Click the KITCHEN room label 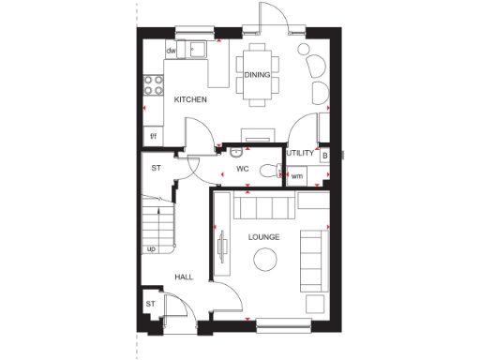(189, 99)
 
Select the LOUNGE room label (263, 237)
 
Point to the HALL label (184, 277)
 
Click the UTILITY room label (299, 153)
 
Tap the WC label (242, 170)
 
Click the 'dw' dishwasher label (172, 51)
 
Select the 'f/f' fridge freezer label (155, 137)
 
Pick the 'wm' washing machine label (297, 175)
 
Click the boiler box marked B (323, 155)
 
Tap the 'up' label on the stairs (151, 248)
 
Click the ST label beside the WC (157, 168)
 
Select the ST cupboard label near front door (150, 304)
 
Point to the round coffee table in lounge (266, 261)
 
